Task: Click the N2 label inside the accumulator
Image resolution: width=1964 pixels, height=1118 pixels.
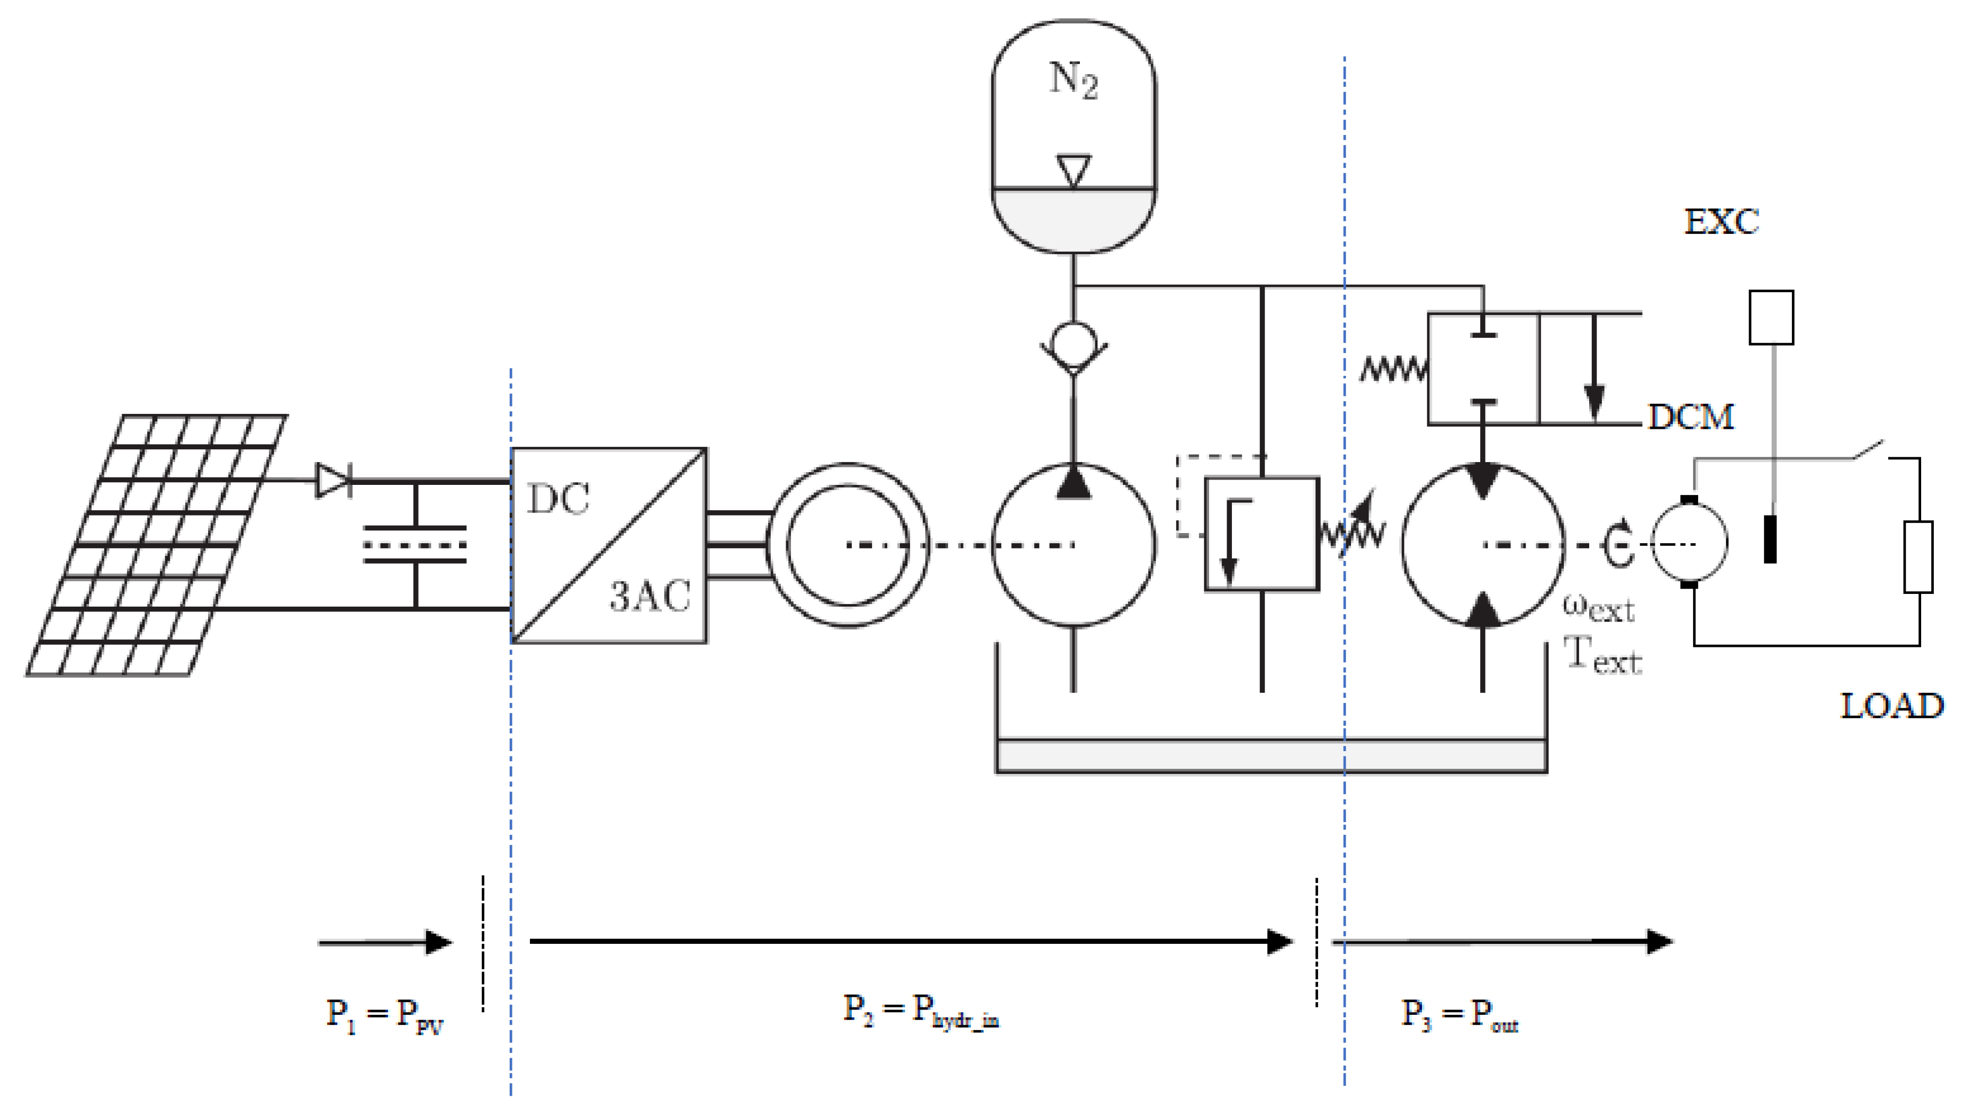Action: click(x=1074, y=80)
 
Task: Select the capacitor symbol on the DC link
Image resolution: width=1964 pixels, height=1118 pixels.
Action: click(x=415, y=544)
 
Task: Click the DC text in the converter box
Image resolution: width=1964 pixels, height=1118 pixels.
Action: click(x=558, y=500)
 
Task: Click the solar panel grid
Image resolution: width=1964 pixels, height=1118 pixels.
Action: click(x=157, y=545)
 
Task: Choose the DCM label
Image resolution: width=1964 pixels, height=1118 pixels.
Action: click(x=1691, y=417)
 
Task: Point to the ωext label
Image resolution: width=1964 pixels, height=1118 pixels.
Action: click(x=1599, y=608)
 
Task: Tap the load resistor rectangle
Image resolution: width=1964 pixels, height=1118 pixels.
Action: click(x=1918, y=557)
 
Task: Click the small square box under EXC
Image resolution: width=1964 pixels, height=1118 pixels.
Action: click(x=1771, y=317)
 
